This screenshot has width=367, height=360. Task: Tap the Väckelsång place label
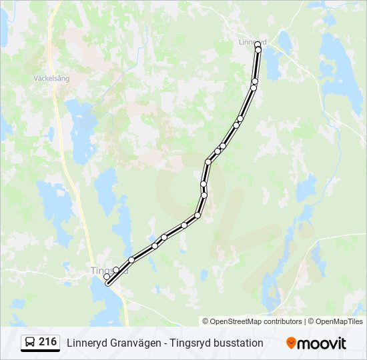(x=51, y=78)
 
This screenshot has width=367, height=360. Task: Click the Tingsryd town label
(x=100, y=271)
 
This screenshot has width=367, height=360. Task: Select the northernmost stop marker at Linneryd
(x=258, y=45)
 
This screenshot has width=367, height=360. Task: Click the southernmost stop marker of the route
(x=108, y=282)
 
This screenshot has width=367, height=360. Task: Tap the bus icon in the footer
(x=30, y=343)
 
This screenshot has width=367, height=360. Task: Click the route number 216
(x=48, y=342)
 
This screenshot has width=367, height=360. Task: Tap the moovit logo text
(x=322, y=343)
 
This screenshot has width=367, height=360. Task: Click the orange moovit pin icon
(x=291, y=343)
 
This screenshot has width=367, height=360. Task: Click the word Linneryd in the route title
(x=87, y=343)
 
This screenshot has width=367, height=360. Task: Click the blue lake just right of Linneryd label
(x=285, y=41)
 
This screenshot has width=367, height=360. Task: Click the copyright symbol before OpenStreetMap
(x=206, y=321)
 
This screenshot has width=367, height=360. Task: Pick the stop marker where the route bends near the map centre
(x=208, y=161)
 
